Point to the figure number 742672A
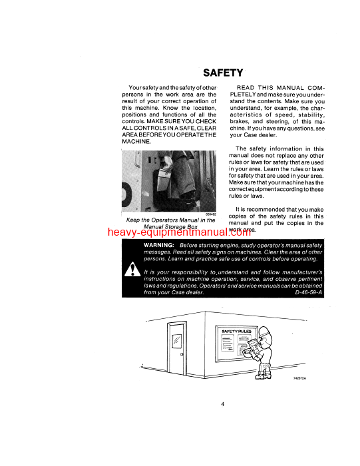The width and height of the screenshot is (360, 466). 302,379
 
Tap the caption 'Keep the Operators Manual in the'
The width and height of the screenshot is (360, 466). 171,219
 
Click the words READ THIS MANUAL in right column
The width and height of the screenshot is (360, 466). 271,88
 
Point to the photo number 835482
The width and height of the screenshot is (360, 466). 210,214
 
